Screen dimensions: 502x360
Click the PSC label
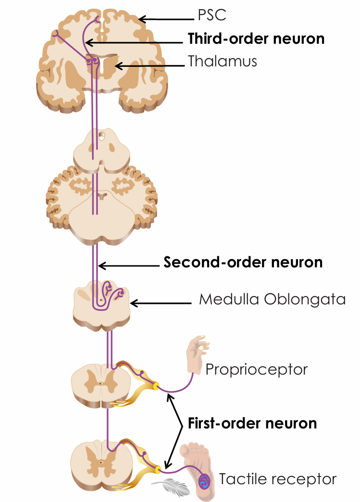(211, 16)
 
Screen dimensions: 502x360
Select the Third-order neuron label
(256, 38)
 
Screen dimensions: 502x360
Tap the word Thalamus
(222, 62)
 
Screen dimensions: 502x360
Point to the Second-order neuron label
(243, 263)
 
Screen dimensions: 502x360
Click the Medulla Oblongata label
(272, 300)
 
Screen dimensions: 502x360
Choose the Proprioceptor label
(256, 369)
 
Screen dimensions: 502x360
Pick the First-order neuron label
(252, 423)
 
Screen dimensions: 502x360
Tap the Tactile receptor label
(278, 479)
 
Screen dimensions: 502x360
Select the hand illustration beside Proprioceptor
(198, 353)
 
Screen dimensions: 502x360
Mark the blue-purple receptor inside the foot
(204, 480)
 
